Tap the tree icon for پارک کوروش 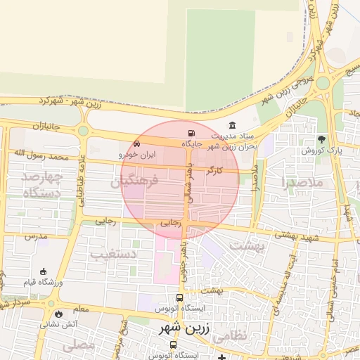[x=322, y=139]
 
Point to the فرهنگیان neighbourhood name [x=135, y=181]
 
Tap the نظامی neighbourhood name [x=229, y=336]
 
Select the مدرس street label [x=35, y=236]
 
